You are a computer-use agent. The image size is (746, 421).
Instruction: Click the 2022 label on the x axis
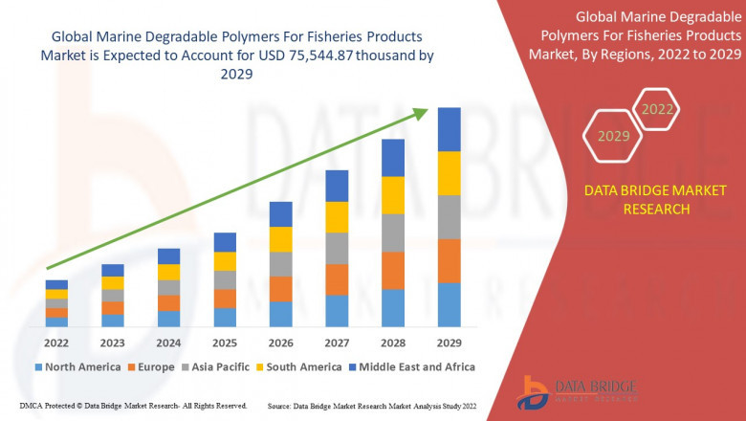(x=56, y=342)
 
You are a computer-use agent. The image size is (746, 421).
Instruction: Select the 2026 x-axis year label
(x=280, y=342)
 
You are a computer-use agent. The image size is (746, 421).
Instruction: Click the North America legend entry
(x=77, y=366)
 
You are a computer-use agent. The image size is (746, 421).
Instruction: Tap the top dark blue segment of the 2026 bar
(x=280, y=213)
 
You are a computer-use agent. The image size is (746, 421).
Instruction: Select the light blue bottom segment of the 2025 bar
(x=225, y=317)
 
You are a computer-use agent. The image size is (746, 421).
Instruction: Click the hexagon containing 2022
(x=656, y=109)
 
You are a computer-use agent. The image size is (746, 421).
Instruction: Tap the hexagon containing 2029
(x=613, y=137)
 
